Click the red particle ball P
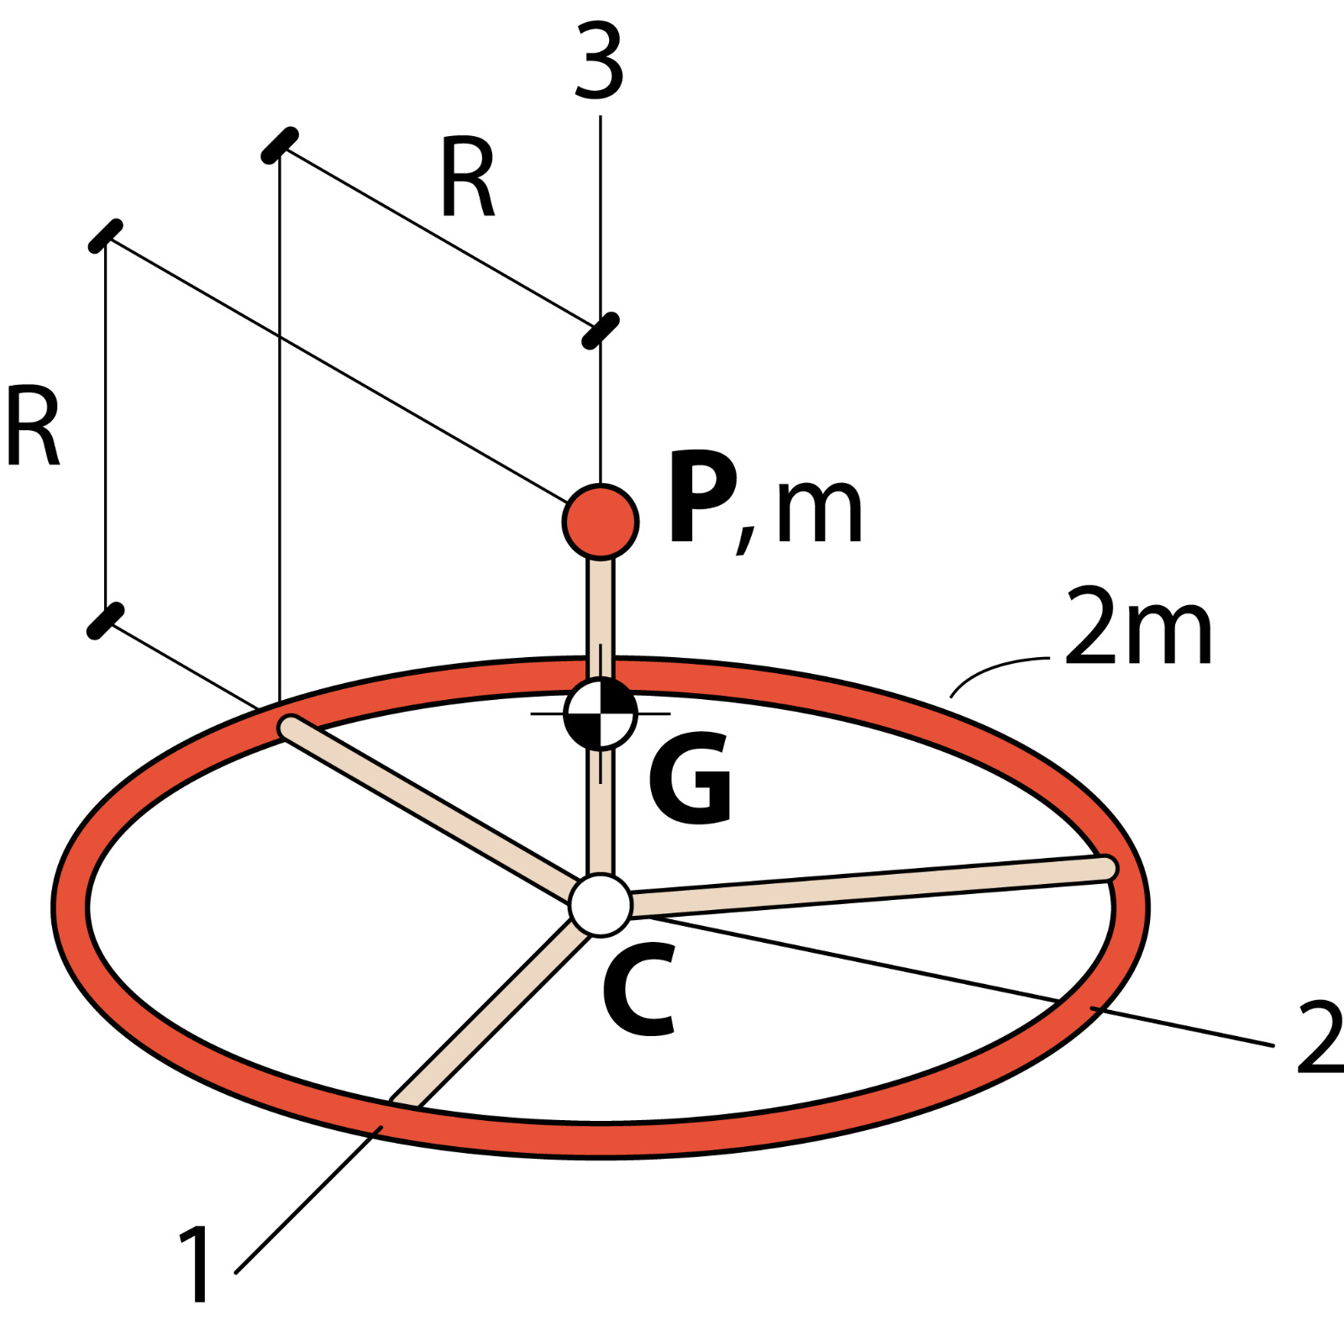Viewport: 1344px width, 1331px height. click(x=601, y=521)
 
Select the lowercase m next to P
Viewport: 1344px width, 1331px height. click(x=819, y=512)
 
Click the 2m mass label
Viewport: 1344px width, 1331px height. click(x=1138, y=626)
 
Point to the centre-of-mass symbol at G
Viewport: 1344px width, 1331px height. click(x=601, y=713)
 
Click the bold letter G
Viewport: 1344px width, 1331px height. click(x=690, y=778)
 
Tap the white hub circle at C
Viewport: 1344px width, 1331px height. click(x=600, y=905)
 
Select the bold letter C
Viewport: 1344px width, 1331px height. click(x=640, y=989)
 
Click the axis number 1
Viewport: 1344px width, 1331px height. click(x=196, y=1264)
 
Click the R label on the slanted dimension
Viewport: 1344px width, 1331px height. click(x=468, y=179)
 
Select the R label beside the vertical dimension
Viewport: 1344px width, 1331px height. click(x=33, y=425)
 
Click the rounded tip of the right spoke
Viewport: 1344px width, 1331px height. click(x=1106, y=868)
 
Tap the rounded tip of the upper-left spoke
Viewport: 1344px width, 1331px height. click(x=291, y=726)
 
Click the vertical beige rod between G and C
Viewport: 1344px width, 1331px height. click(x=600, y=811)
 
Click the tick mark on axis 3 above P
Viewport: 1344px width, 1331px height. click(x=600, y=330)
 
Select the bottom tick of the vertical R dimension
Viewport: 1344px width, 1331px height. click(x=106, y=621)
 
